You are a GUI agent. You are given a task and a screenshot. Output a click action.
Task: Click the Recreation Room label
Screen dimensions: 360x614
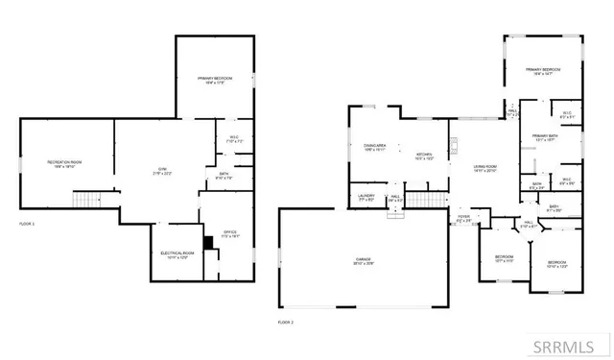65,164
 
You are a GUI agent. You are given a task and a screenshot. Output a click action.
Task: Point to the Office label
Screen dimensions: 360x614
229,232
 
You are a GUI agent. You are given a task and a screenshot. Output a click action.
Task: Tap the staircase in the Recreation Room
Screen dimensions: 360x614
87,200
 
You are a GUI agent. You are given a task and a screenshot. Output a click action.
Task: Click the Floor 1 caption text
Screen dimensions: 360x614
27,223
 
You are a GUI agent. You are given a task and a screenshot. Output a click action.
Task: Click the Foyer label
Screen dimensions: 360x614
464,219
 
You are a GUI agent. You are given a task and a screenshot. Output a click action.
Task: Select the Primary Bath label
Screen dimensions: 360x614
545,137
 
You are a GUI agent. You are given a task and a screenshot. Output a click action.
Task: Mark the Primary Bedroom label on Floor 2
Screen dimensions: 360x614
543,72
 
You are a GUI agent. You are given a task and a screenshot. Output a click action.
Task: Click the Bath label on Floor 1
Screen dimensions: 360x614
224,176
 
